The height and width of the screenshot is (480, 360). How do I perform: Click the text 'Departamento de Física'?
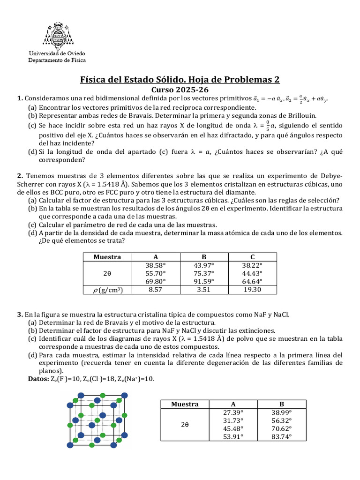pos(57,60)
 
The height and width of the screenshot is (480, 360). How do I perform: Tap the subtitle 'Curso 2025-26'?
pos(180,90)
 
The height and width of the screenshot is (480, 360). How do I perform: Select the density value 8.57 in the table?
pos(155,290)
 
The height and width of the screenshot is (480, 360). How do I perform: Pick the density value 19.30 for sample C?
pos(253,290)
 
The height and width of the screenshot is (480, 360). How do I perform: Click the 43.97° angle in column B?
pos(204,265)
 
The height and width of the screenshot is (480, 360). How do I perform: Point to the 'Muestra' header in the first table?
pos(107,257)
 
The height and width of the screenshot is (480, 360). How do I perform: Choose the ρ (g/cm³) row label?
pos(107,290)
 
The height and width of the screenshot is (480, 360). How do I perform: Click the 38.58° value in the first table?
pos(155,265)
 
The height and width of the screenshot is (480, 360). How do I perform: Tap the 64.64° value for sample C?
pos(253,281)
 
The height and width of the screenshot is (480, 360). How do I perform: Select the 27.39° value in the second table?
pos(233,412)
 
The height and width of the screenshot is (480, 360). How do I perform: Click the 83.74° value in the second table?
pos(282,436)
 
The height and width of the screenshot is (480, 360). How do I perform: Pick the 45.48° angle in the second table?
pos(233,428)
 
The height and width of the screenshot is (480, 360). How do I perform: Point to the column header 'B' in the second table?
pos(282,404)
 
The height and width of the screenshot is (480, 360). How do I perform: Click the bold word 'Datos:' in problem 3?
pos(38,379)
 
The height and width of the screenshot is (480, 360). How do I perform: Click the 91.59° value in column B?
pos(204,281)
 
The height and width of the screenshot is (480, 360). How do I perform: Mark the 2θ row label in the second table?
pos(185,424)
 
